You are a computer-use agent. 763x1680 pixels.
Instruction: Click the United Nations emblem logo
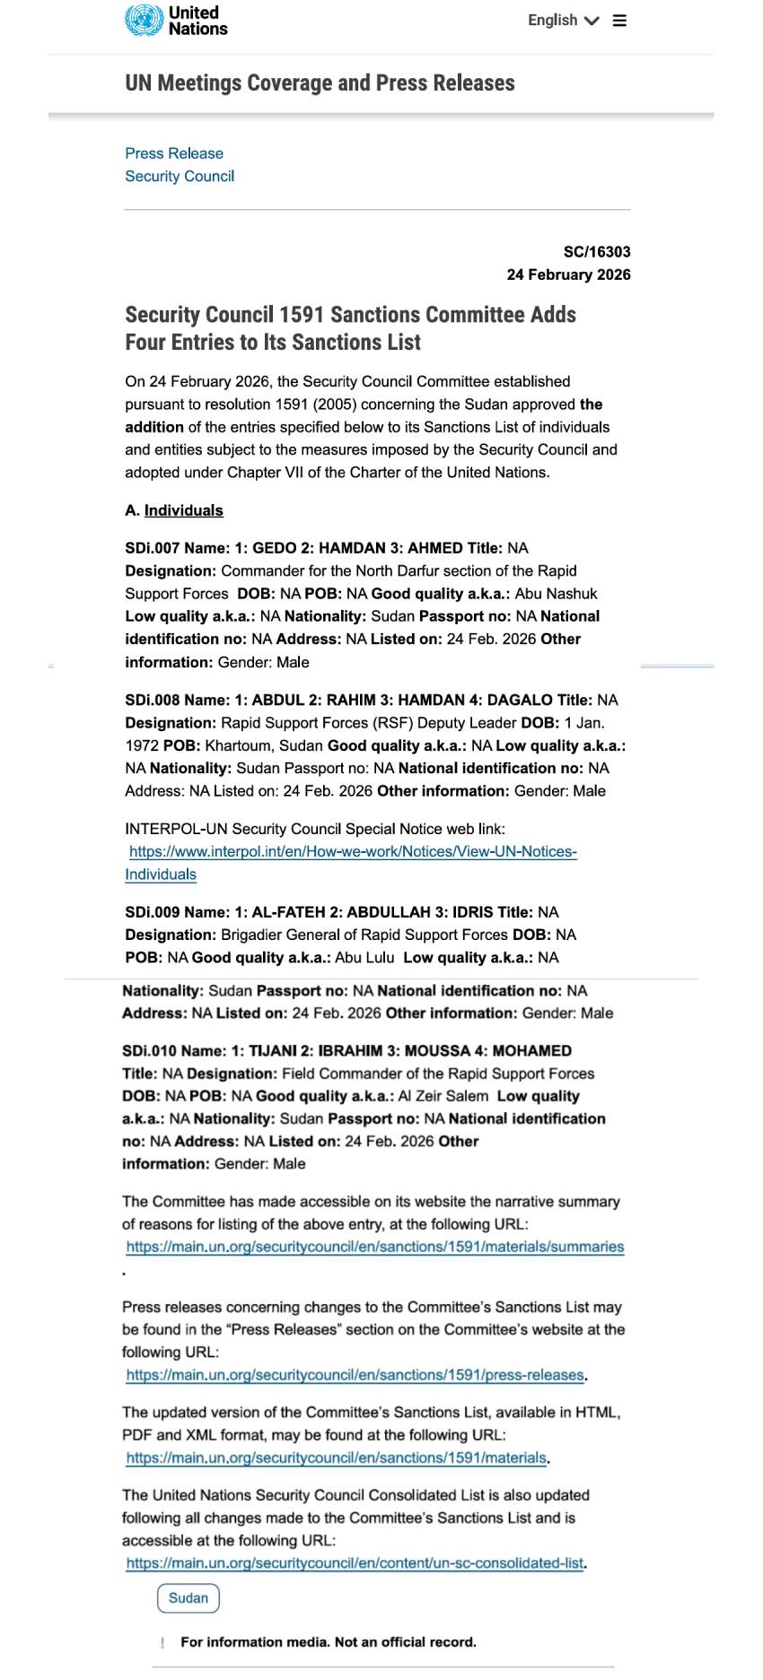[144, 20]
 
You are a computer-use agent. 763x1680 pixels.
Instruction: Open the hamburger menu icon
[619, 21]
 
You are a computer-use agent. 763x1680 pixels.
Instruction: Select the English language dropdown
[562, 21]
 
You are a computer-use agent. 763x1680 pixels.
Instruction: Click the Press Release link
[174, 153]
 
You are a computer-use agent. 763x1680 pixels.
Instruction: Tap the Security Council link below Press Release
[180, 176]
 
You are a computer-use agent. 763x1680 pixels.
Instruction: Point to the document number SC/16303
[597, 252]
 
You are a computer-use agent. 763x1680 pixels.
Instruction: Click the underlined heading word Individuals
[183, 510]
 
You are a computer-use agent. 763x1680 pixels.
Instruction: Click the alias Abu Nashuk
[556, 594]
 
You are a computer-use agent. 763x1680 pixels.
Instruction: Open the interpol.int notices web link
[353, 852]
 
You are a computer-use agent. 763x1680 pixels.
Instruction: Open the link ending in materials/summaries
[374, 1247]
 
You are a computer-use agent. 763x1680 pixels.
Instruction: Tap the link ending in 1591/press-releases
[355, 1375]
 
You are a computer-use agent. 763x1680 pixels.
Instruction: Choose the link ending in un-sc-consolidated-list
[355, 1562]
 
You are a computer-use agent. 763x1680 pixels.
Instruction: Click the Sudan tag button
[188, 1597]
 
